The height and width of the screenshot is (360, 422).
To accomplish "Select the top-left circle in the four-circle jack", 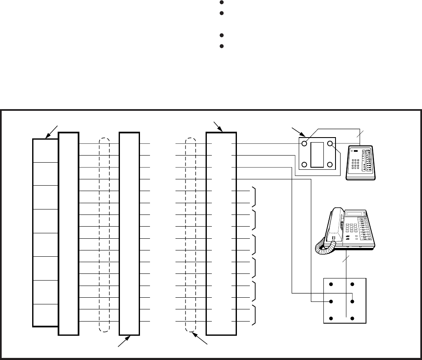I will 305,144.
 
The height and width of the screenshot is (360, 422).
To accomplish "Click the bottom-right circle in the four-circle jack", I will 330,165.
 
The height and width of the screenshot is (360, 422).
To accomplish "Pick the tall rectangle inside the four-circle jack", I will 317,154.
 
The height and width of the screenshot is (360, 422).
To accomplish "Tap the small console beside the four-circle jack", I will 361,164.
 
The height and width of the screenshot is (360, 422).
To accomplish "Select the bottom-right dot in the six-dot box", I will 353,319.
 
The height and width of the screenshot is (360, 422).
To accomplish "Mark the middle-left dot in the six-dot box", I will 331,301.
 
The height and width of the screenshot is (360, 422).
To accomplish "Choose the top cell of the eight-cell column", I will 45,151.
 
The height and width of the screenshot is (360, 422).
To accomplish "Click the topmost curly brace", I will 254,197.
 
